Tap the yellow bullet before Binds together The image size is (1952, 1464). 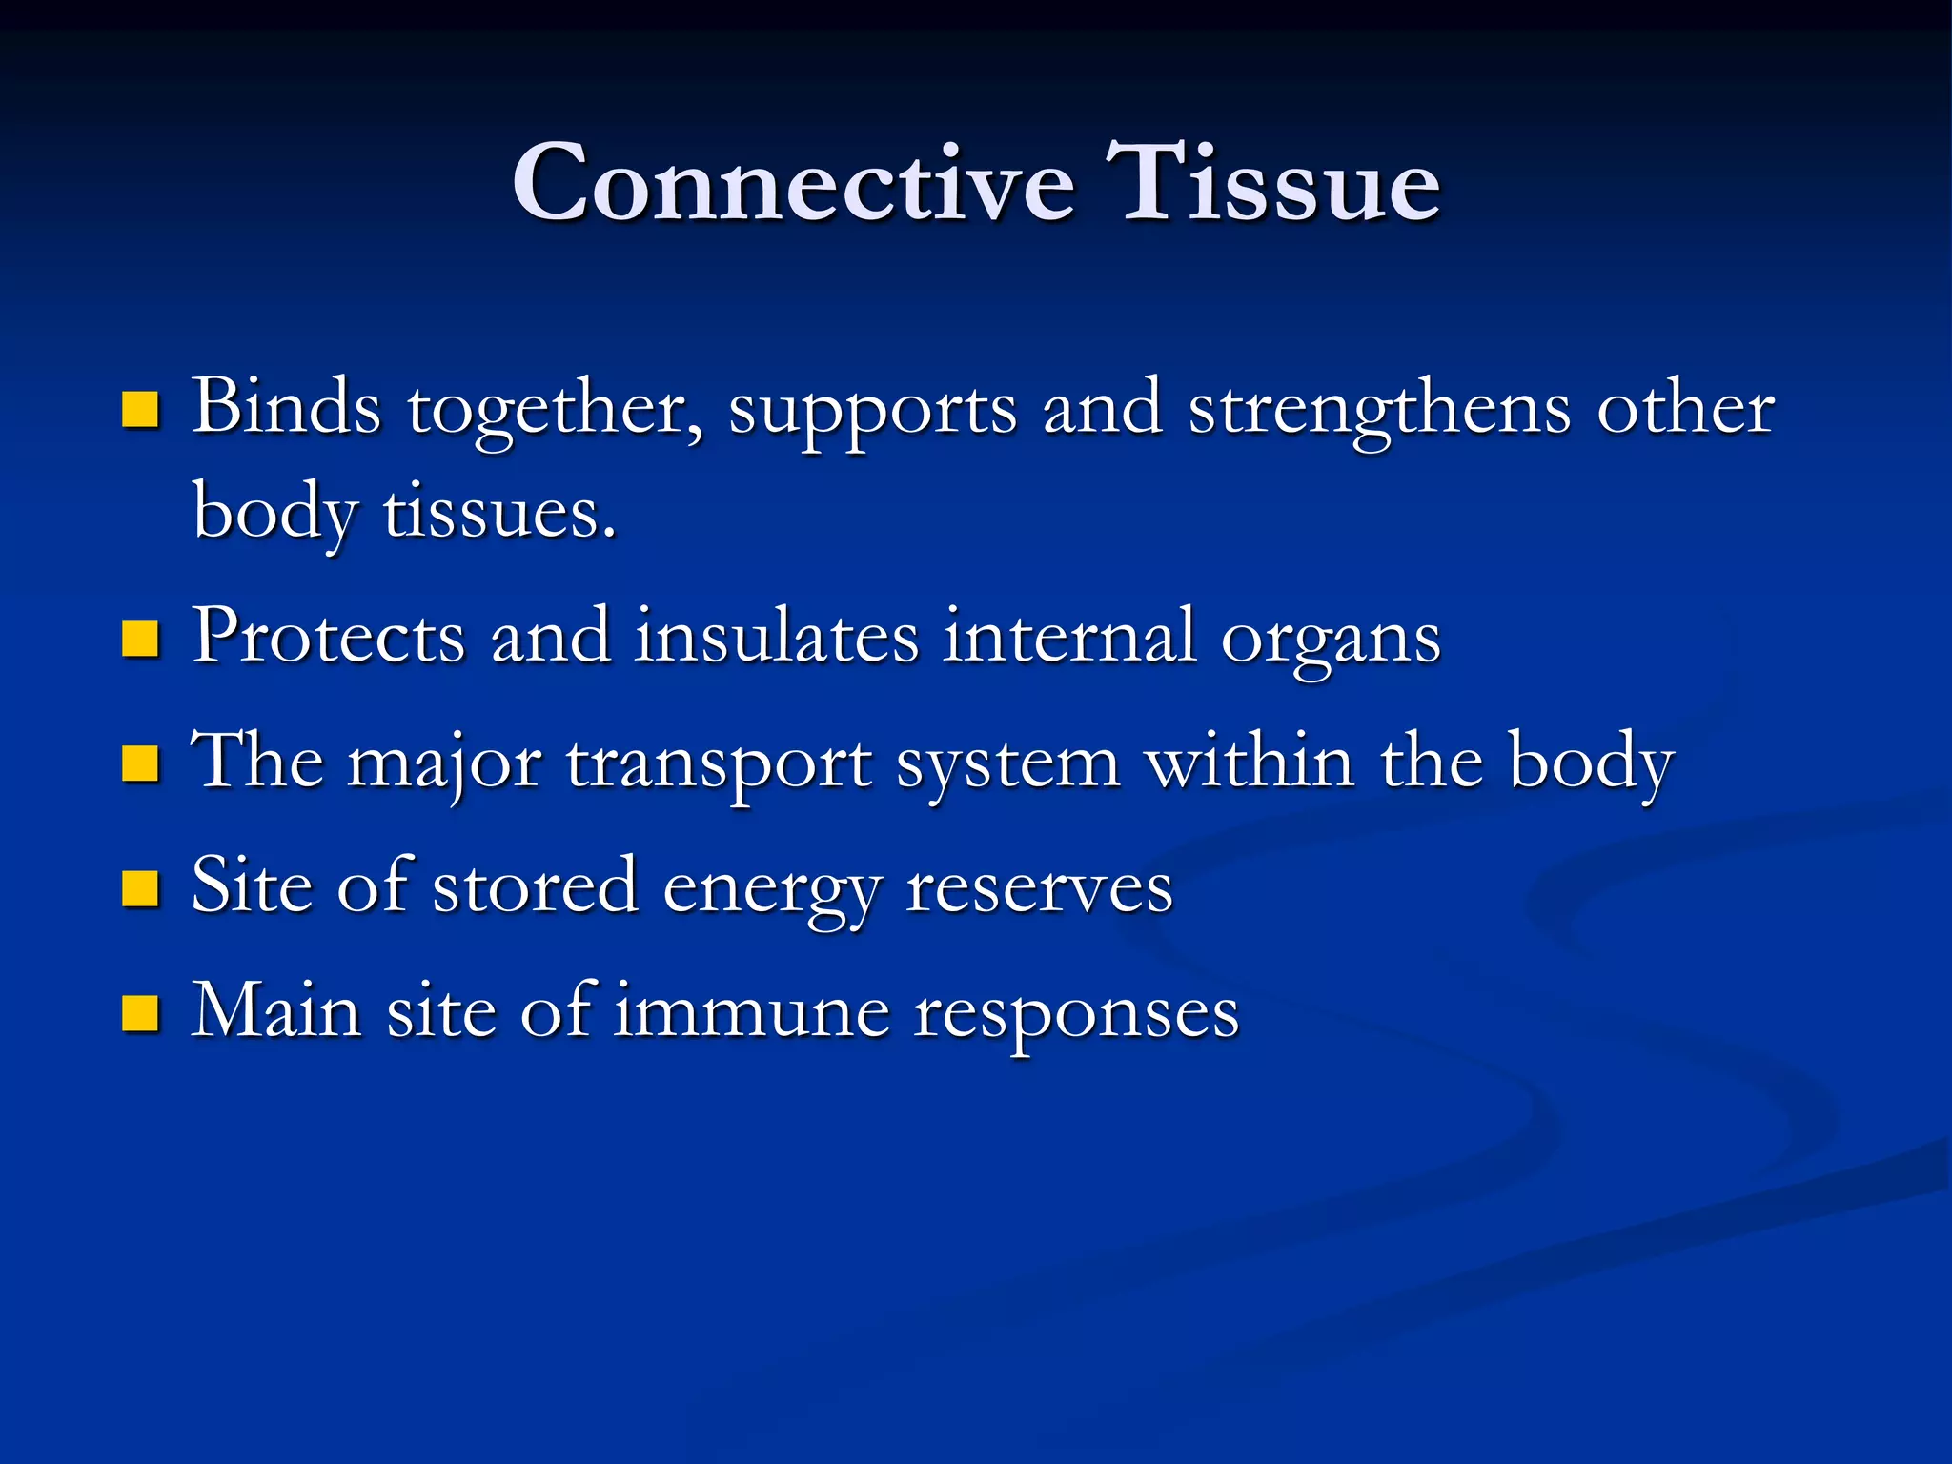(140, 410)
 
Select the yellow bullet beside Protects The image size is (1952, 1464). (140, 640)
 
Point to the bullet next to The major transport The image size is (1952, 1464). (140, 764)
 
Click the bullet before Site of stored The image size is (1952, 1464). (140, 889)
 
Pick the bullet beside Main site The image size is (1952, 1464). (140, 1014)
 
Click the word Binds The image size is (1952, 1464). (286, 408)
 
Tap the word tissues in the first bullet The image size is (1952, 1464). (499, 513)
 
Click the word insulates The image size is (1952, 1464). (776, 637)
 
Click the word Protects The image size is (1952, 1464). (328, 637)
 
